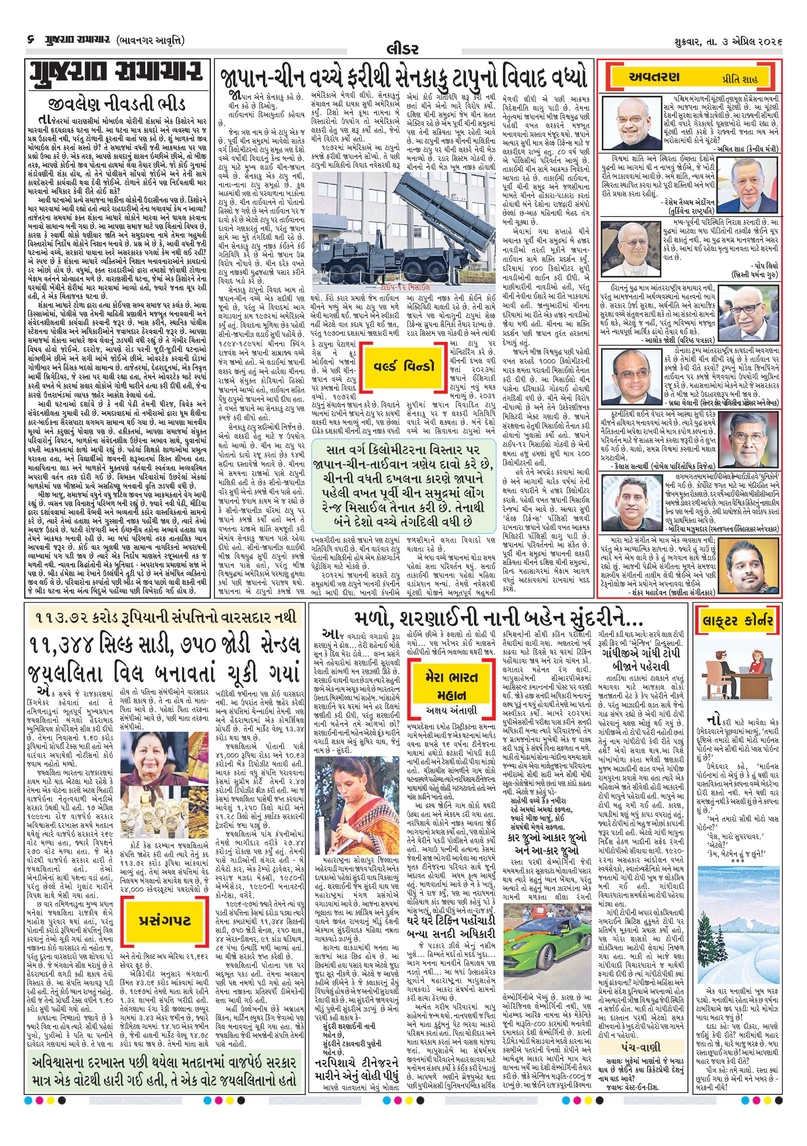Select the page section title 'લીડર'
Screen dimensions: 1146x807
coord(402,48)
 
